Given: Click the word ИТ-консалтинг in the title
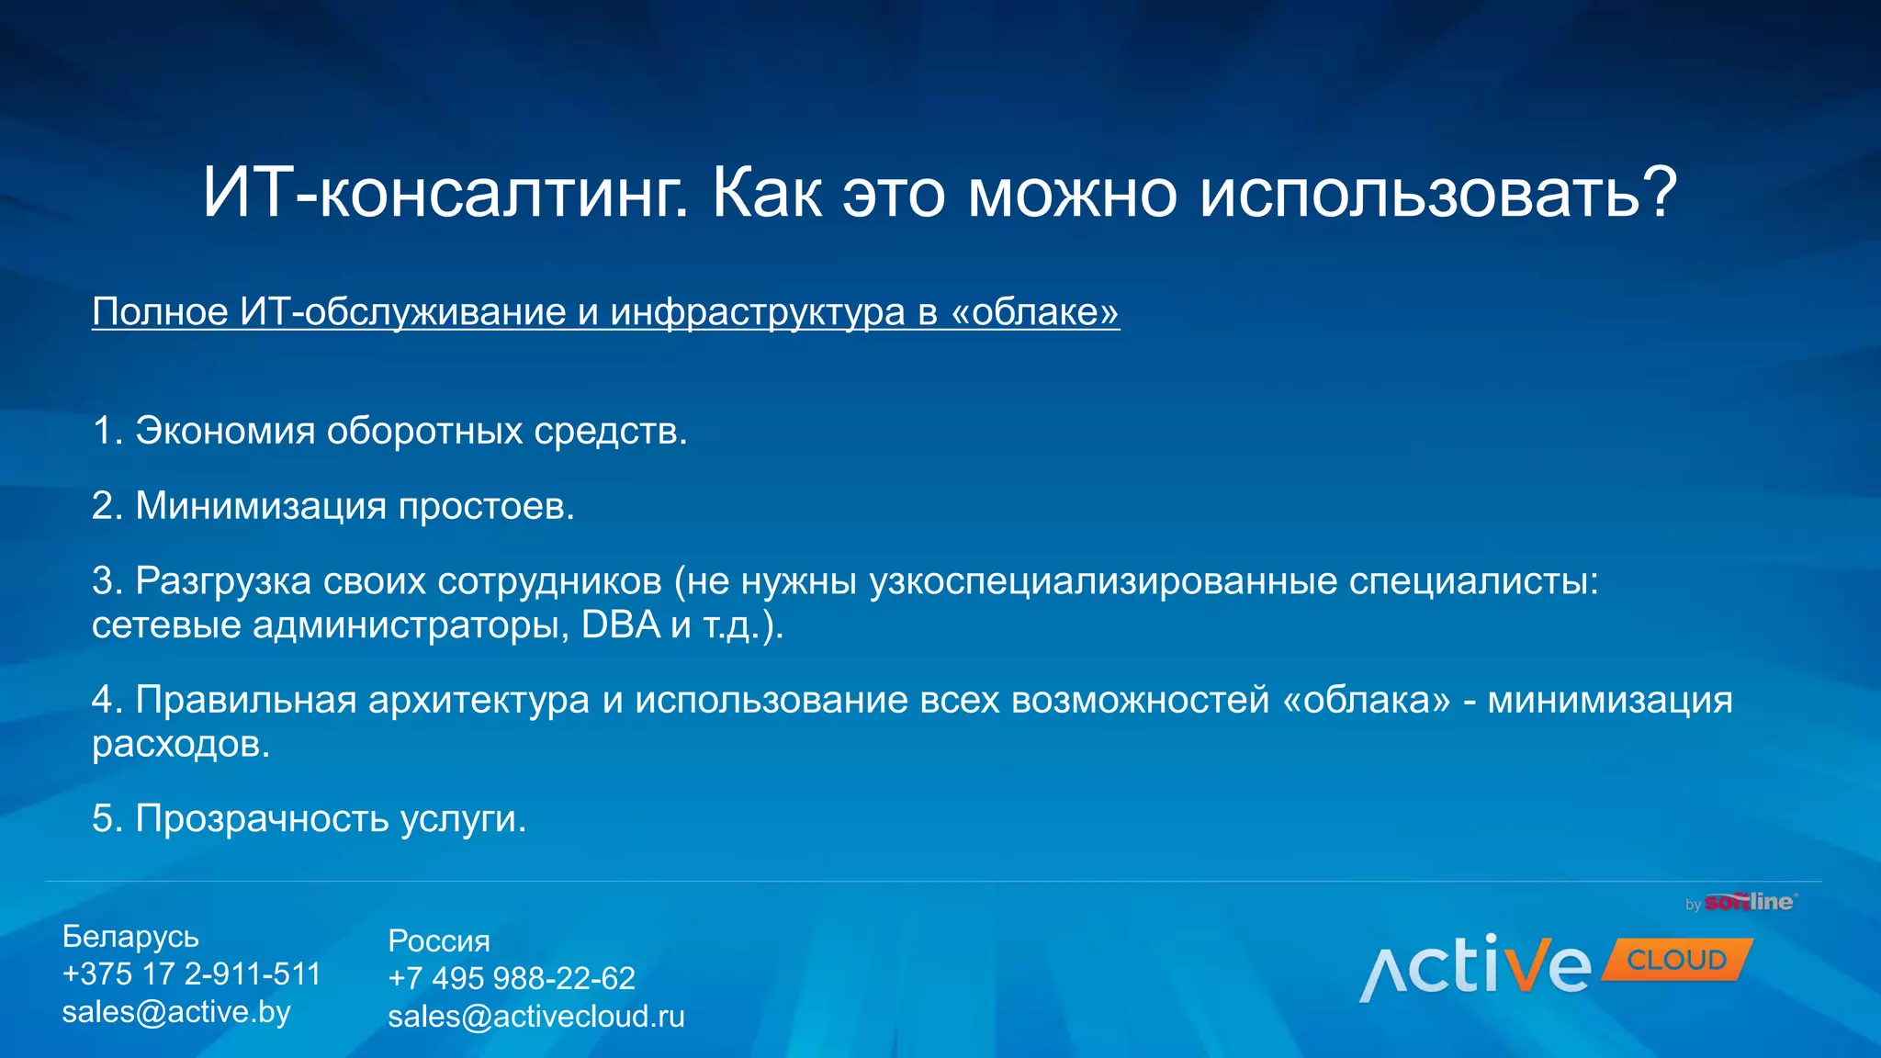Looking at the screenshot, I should coord(445,195).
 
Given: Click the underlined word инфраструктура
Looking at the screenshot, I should coord(758,313).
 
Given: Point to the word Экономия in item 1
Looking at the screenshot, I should coord(225,431).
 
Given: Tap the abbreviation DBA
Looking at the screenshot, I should coord(621,625).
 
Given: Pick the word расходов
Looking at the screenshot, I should coord(180,745).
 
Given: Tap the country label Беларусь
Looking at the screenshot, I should coord(130,937).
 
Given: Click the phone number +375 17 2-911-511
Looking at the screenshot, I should coord(191,974).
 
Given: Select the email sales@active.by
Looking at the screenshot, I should coord(176,1012).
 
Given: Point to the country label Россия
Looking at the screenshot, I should coord(439,941).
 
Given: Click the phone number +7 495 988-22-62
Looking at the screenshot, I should coord(512,979).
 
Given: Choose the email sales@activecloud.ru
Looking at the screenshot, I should coord(536,1017).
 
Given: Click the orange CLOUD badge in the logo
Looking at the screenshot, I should coord(1677,961).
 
